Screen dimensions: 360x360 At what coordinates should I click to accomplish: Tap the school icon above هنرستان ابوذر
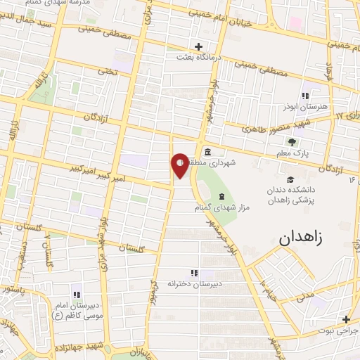[x=305, y=96]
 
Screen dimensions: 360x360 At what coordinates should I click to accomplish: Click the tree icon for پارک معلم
[x=292, y=143]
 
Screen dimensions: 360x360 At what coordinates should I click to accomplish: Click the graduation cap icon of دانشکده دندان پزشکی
[x=291, y=179]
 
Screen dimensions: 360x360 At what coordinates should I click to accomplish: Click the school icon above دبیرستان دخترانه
[x=194, y=273]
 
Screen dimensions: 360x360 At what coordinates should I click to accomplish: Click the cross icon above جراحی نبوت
[x=346, y=319]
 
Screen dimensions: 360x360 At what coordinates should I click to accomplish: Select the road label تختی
[x=107, y=70]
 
